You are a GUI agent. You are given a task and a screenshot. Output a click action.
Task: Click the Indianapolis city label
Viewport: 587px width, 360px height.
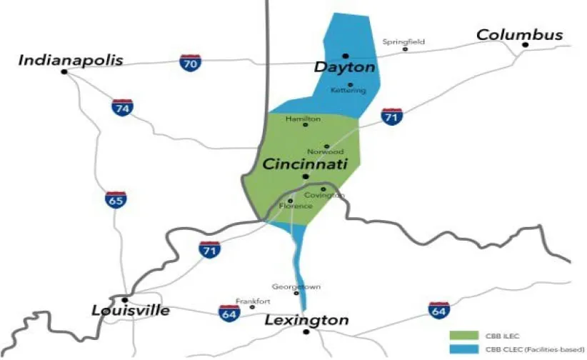(x=71, y=60)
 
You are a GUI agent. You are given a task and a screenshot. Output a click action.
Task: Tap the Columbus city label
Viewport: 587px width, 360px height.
(x=519, y=34)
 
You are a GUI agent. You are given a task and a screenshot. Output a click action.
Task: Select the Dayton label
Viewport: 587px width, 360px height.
(x=344, y=67)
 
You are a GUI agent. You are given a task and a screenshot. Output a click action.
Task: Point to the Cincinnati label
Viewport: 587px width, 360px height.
(x=305, y=164)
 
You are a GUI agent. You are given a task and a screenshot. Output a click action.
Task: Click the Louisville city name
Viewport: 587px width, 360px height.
(x=131, y=311)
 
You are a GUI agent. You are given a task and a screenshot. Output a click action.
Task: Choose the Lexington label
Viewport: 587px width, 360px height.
(x=306, y=320)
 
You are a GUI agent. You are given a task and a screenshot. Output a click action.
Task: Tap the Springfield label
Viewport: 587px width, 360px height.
(x=403, y=41)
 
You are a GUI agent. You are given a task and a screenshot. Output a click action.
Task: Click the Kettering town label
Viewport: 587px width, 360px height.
(x=348, y=91)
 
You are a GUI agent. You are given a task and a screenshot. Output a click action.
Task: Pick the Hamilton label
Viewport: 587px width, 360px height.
(x=303, y=119)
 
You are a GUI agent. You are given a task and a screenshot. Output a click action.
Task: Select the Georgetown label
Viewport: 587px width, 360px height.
(x=297, y=286)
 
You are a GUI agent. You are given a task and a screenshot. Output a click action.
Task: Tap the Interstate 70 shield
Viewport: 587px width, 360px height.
(x=190, y=63)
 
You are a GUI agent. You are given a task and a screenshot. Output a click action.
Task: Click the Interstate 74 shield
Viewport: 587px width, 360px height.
(x=122, y=108)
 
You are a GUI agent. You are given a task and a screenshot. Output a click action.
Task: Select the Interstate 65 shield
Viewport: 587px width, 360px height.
(x=115, y=201)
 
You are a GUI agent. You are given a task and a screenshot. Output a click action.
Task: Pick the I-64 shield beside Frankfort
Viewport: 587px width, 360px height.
(x=229, y=312)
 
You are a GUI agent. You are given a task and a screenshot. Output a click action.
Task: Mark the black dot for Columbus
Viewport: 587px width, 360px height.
(x=525, y=45)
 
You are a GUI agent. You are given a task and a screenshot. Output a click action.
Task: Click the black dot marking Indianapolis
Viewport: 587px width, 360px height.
(x=64, y=71)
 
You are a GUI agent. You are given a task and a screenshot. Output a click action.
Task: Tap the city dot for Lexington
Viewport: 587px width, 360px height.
(x=306, y=331)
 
